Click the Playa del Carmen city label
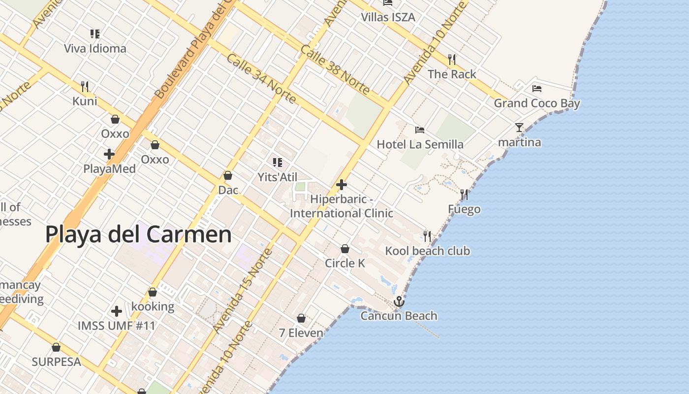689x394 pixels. [138, 234]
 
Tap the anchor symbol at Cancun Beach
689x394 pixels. [399, 301]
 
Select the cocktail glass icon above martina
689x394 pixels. [519, 128]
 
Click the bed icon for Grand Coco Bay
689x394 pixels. [537, 89]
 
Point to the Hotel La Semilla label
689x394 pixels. [420, 144]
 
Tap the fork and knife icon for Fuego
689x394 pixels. [464, 195]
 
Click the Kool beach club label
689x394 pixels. [427, 251]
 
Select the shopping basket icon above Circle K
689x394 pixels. [345, 249]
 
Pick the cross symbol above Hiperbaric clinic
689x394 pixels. [342, 185]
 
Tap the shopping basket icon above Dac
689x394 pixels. [228, 175]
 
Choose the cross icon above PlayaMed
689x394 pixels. [109, 154]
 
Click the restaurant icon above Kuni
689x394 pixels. [85, 87]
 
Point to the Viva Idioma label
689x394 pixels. [95, 49]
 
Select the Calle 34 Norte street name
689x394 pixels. [261, 79]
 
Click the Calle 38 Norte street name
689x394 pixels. [335, 69]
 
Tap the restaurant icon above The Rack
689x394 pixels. [452, 60]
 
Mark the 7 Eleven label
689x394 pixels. [301, 333]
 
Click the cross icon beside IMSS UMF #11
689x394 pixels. [117, 311]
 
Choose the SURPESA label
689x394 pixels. [56, 362]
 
